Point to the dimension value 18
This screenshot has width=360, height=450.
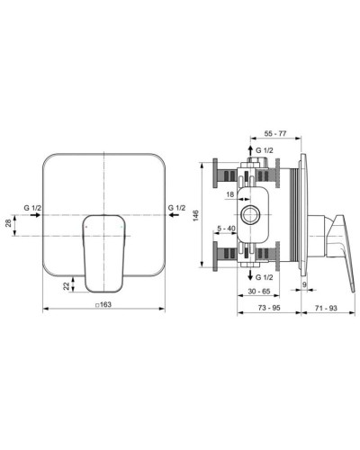tap(230, 193)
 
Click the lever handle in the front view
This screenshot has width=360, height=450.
tap(104, 250)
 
